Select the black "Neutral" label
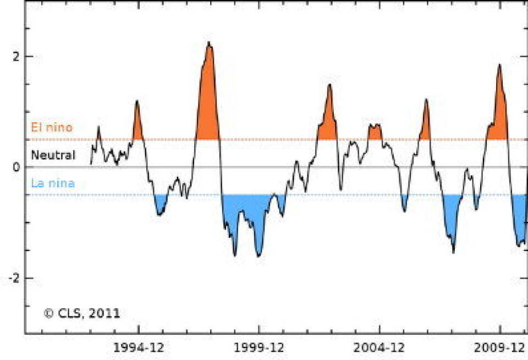pos(53,155)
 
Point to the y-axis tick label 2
pos(14,56)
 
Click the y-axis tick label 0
pos(15,167)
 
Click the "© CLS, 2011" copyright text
pos(82,313)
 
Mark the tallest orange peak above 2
pos(208,94)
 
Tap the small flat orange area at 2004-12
pos(375,133)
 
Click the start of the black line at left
pos(91,163)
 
